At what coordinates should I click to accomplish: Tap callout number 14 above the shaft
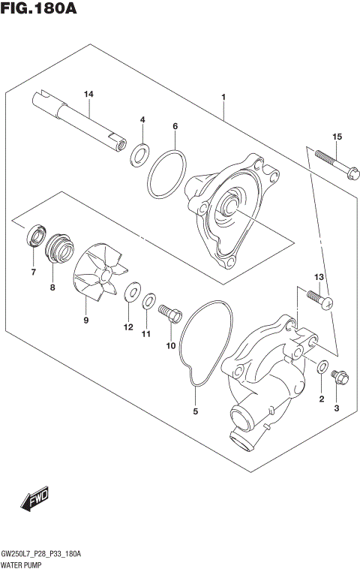click(x=88, y=94)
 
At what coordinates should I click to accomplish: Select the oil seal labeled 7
click(x=34, y=239)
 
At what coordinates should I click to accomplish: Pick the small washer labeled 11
click(x=149, y=302)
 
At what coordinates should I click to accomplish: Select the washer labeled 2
click(x=322, y=367)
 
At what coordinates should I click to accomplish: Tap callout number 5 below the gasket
click(x=196, y=411)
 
